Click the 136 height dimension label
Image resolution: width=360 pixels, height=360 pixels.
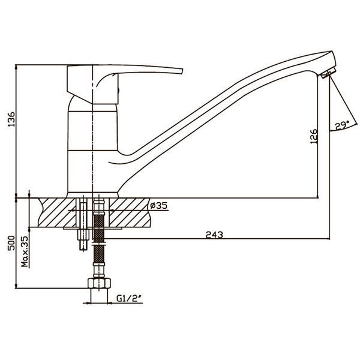11,119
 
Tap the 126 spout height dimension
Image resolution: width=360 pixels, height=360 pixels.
314,136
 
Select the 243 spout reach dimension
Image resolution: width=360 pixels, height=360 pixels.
214,235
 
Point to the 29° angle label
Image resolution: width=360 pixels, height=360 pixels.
342,125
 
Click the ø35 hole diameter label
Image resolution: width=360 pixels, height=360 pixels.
159,205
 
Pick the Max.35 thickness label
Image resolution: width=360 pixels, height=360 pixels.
25,251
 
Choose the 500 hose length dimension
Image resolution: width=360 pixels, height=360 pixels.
11,243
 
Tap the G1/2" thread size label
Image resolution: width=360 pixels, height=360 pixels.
129,298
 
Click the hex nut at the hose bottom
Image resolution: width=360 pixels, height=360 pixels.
99,283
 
